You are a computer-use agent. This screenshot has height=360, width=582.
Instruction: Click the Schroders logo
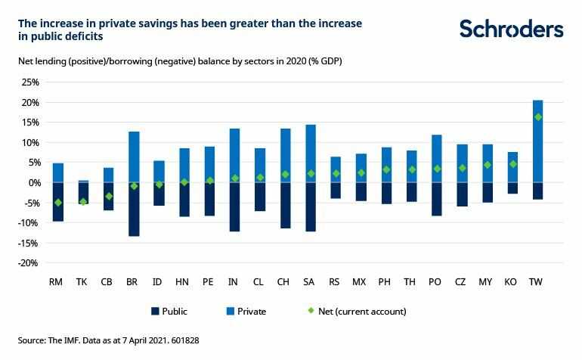pyautogui.click(x=512, y=29)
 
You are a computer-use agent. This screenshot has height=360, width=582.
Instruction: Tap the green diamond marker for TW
pyautogui.click(x=538, y=117)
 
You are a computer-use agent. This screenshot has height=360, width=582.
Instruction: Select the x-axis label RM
pyautogui.click(x=55, y=282)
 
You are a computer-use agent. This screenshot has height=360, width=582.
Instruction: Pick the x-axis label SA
pyautogui.click(x=310, y=282)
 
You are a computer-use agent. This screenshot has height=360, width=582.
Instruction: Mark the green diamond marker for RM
pyautogui.click(x=57, y=203)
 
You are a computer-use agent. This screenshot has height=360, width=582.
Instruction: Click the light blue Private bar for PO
pyautogui.click(x=437, y=159)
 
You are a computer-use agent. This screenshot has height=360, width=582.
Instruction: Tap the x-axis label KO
pyautogui.click(x=512, y=282)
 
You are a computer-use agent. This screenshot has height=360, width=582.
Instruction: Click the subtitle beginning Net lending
pyautogui.click(x=181, y=60)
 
